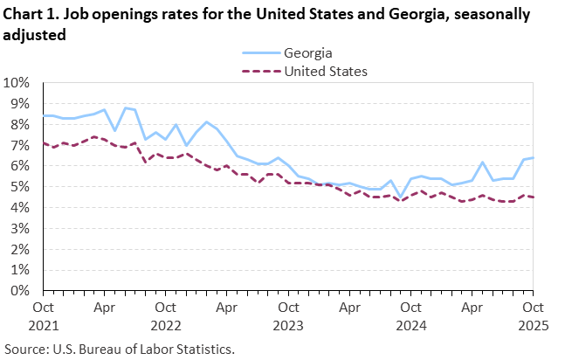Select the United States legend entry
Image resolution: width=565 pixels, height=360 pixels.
pyautogui.click(x=326, y=71)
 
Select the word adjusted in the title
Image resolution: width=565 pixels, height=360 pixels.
pyautogui.click(x=33, y=37)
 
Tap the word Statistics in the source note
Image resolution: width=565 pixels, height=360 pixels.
pyautogui.click(x=204, y=349)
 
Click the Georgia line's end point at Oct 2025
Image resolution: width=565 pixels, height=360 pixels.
pyautogui.click(x=533, y=158)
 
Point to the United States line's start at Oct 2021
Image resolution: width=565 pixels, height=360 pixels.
pyautogui.click(x=44, y=143)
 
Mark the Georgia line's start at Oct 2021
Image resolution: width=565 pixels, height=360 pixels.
pyautogui.click(x=44, y=115)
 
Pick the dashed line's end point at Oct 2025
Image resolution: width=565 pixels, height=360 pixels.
pyautogui.click(x=533, y=197)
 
